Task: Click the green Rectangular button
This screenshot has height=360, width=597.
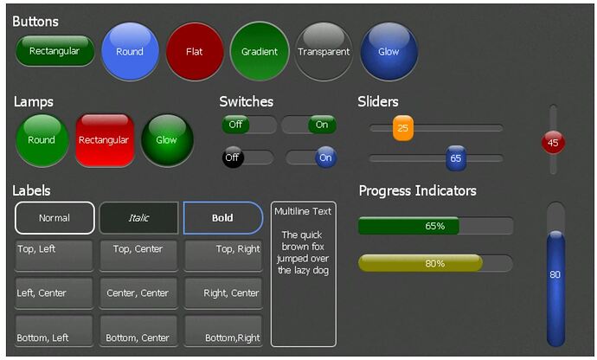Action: pyautogui.click(x=55, y=51)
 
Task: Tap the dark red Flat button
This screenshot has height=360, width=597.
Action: pyautogui.click(x=195, y=51)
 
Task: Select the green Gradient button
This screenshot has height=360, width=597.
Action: pyautogui.click(x=260, y=51)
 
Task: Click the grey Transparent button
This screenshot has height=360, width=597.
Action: pyautogui.click(x=324, y=51)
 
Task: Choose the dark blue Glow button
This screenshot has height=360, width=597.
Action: pyautogui.click(x=388, y=51)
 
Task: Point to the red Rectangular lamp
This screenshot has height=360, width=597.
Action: pyautogui.click(x=105, y=140)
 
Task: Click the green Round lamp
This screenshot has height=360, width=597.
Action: pyautogui.click(x=42, y=140)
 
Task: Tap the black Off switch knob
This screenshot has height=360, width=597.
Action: pyautogui.click(x=233, y=157)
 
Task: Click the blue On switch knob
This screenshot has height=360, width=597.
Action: pyautogui.click(x=325, y=157)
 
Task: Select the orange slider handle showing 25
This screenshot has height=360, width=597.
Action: pyautogui.click(x=403, y=128)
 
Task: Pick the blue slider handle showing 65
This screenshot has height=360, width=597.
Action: pyautogui.click(x=456, y=158)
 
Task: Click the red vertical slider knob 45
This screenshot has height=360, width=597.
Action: pyautogui.click(x=553, y=143)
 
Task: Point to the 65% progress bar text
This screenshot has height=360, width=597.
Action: pyautogui.click(x=435, y=226)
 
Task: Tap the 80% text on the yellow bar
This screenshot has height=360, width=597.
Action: pyautogui.click(x=435, y=263)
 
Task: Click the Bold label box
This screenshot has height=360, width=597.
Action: pyautogui.click(x=223, y=218)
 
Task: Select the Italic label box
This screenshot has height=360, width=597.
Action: pyautogui.click(x=138, y=218)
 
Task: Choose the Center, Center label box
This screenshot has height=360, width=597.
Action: pyautogui.click(x=138, y=293)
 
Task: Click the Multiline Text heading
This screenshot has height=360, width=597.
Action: pyautogui.click(x=303, y=211)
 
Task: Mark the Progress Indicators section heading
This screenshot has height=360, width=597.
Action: pyautogui.click(x=418, y=190)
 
